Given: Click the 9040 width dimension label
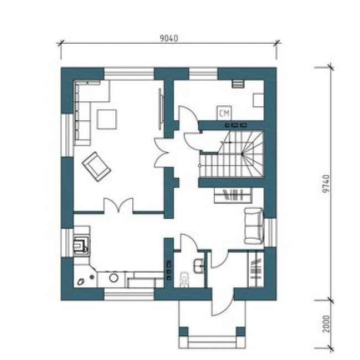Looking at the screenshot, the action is pos(169,38).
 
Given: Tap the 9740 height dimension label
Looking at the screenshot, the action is pos(326,184).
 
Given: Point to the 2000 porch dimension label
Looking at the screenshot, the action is pos(326,324).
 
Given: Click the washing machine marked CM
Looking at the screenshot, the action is pos(224,113).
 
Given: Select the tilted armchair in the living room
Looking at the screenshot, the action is pos(96,167).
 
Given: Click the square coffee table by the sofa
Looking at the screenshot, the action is pos(107,120).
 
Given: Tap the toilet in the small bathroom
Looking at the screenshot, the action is pos(184,279).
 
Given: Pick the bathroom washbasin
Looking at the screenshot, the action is pos(199,266).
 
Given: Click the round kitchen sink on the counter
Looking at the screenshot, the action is pos(114,278).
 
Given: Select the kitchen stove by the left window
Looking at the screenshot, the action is pos(81,246).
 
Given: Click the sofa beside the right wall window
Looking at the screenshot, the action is pos(254,225).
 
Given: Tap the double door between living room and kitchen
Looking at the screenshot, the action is pos(119,205).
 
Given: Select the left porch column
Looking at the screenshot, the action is pos(183,332).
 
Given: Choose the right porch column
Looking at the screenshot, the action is pos(240,332).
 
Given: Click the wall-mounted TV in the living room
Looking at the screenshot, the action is pos(161,109).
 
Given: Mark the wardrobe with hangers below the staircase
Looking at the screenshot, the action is pos(233,196).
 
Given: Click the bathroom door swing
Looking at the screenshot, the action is pos(189,241).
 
